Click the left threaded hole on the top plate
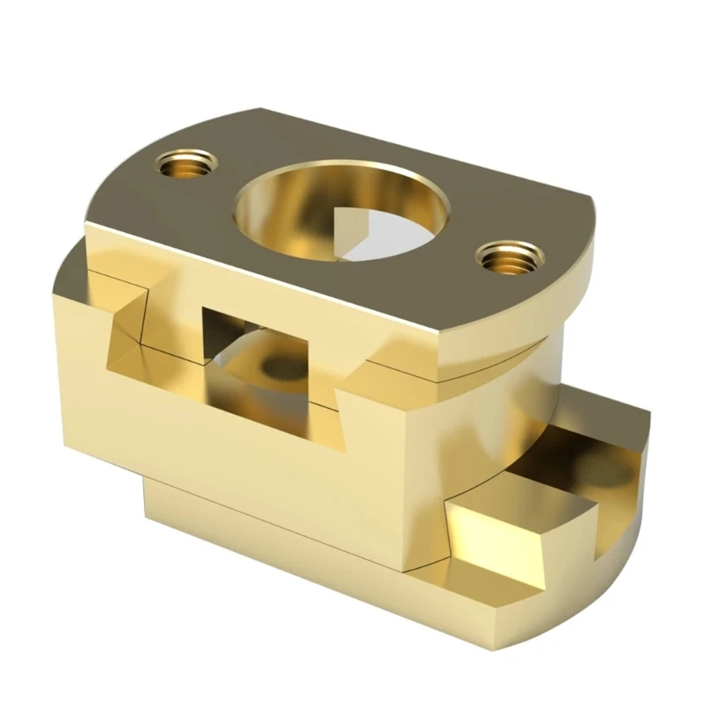point(187,163)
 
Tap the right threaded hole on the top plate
point(510,257)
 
